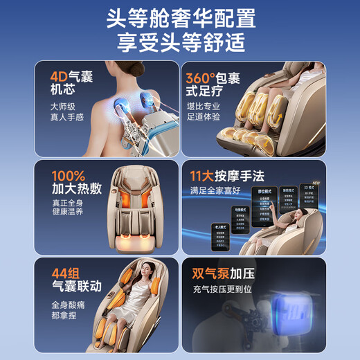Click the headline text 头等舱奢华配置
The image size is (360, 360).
[x=179, y=17]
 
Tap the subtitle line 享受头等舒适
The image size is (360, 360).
[x=179, y=43]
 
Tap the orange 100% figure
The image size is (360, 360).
[x=68, y=176]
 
